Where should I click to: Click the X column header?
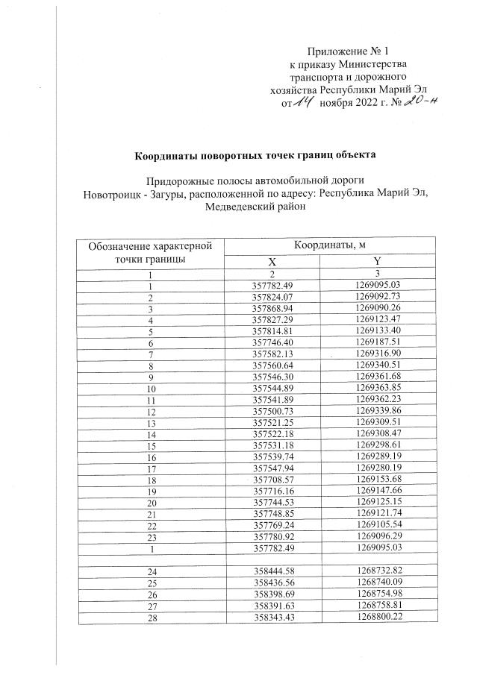[272, 263]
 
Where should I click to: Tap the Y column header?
[378, 263]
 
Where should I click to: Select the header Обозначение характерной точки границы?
[150, 253]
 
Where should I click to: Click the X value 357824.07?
[272, 296]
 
